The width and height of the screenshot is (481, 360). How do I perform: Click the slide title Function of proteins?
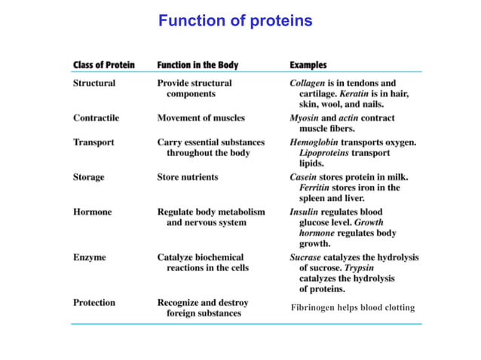(x=234, y=21)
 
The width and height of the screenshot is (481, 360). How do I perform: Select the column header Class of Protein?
(x=104, y=65)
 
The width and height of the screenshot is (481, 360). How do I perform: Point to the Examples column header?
(x=308, y=65)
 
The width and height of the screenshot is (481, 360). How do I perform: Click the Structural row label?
(x=94, y=83)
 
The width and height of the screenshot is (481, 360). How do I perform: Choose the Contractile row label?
(x=96, y=118)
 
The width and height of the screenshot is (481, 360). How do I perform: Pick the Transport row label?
(x=93, y=142)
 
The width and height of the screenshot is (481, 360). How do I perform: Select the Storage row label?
(x=89, y=177)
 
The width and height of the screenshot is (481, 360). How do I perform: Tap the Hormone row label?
(x=92, y=212)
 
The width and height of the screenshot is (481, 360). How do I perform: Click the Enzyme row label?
(x=90, y=258)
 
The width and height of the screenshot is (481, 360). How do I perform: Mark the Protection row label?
(x=94, y=303)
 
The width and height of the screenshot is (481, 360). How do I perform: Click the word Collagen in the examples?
(x=308, y=83)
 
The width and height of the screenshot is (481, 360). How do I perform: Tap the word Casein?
(x=304, y=177)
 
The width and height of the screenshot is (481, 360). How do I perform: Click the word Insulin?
(x=304, y=212)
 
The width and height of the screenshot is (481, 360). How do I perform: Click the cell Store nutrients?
(x=188, y=177)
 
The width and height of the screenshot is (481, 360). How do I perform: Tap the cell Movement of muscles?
(x=201, y=118)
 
